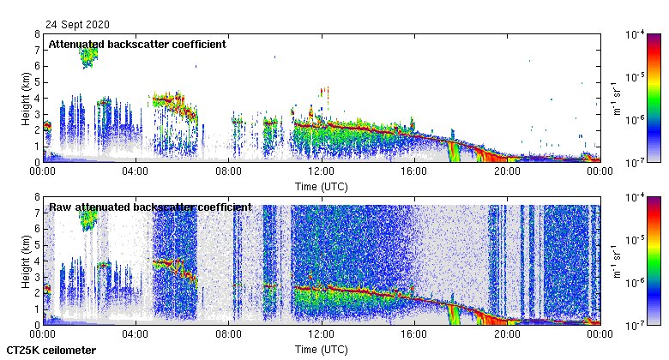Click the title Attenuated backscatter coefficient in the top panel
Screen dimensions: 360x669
pos(137,45)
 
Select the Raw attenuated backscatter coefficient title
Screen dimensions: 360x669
pos(150,207)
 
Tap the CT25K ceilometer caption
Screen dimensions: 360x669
pos(51,351)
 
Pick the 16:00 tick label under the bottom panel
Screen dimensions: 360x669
pos(414,334)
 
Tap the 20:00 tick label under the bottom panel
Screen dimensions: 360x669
pos(507,334)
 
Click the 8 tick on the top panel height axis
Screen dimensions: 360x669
pos(36,35)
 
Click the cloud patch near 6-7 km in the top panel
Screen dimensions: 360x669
pos(87,57)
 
